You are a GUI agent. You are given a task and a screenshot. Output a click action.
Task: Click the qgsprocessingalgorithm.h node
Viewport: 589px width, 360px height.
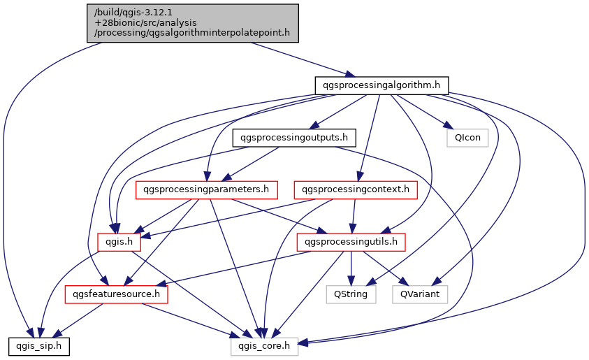tap(381, 85)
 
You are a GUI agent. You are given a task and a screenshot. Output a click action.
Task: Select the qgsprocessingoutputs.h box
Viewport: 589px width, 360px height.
tap(294, 137)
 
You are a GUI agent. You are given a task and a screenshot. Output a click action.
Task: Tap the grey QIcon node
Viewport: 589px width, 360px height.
tap(467, 137)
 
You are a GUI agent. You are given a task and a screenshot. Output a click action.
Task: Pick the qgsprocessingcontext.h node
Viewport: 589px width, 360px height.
tap(356, 189)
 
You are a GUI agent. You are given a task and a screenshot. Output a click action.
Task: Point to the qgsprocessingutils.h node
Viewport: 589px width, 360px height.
tap(351, 242)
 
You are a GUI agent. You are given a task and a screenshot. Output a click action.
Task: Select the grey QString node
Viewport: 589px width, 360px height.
tap(351, 294)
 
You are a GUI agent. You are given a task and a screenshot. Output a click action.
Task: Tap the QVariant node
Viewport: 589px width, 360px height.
tap(419, 294)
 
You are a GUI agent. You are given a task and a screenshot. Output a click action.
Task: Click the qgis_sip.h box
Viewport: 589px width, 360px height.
tap(38, 345)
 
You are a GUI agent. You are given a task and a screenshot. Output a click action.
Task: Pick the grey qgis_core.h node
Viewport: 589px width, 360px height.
tap(265, 345)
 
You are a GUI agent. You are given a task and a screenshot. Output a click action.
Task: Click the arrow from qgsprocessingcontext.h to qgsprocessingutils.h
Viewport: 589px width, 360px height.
tap(354, 215)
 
